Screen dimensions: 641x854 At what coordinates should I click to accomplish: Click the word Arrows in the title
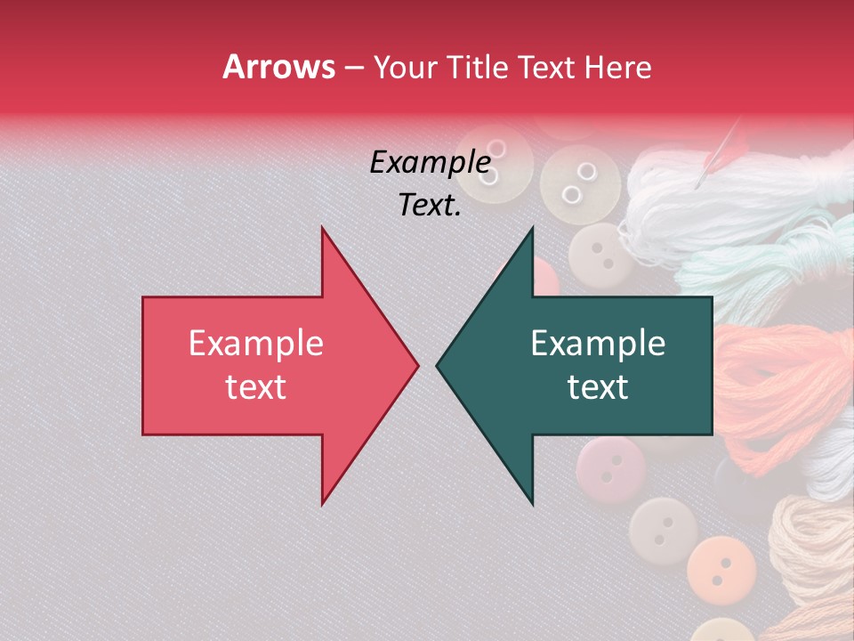[x=279, y=67]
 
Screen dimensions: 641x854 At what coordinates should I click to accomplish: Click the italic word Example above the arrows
[x=431, y=163]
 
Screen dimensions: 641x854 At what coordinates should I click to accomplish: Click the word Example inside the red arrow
[x=256, y=344]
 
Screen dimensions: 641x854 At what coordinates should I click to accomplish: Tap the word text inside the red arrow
[x=256, y=387]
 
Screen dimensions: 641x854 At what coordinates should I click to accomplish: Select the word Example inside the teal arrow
[x=598, y=344]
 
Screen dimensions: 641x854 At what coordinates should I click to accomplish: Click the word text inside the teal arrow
[x=598, y=387]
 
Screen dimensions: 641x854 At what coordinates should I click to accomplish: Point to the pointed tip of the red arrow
[x=416, y=365]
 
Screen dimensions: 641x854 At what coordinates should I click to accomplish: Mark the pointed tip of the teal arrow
[x=439, y=365]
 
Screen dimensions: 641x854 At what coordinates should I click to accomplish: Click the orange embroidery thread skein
[x=778, y=374]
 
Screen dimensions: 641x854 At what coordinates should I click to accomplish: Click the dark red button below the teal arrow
[x=608, y=467]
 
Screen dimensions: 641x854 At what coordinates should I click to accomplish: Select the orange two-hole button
[x=721, y=565]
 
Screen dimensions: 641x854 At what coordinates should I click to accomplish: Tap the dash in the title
[x=353, y=67]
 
